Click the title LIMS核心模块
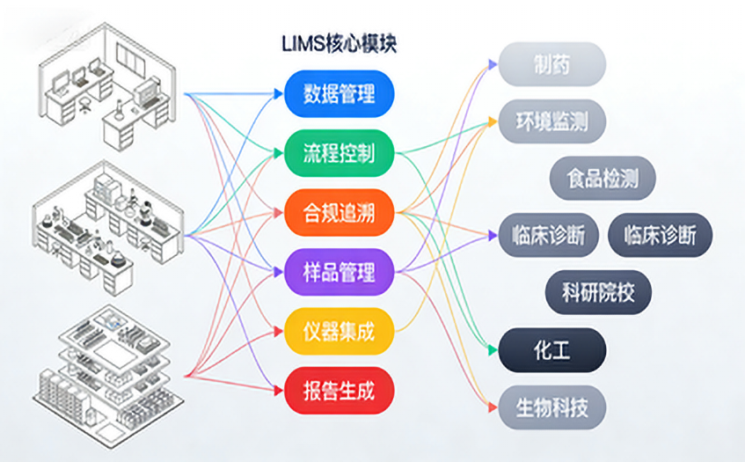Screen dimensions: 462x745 click(338, 44)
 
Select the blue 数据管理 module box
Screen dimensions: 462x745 click(339, 93)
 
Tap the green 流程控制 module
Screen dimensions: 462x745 click(339, 153)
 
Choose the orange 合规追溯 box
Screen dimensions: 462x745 click(339, 213)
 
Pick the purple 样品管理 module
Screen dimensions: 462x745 click(339, 272)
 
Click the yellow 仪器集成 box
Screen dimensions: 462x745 click(339, 332)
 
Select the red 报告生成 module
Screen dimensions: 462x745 click(339, 391)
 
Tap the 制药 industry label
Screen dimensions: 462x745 click(551, 63)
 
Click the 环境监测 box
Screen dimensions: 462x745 click(551, 121)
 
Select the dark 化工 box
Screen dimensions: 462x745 click(551, 350)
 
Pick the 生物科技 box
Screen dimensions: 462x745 click(551, 407)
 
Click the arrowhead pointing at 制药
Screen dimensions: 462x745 click(492, 63)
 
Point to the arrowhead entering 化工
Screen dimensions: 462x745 click(492, 350)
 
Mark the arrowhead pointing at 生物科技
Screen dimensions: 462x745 click(492, 407)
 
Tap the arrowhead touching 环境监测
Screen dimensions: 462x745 click(492, 121)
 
